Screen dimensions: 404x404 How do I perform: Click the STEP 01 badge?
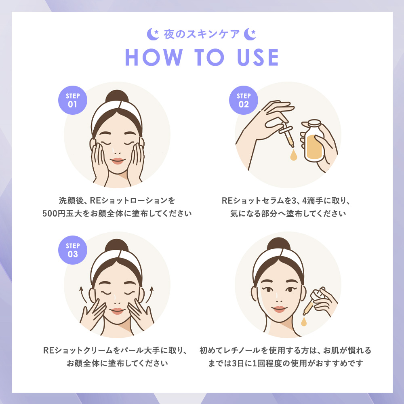tap(73, 100)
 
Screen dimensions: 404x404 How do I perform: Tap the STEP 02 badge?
tap(244, 100)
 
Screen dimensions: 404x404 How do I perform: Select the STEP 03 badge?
tap(73, 250)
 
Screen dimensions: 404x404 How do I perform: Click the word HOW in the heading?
tap(154, 57)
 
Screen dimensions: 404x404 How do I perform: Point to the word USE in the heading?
tap(258, 57)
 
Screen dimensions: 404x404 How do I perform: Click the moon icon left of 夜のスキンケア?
tap(153, 34)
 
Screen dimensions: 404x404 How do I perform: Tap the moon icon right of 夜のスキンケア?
tap(250, 34)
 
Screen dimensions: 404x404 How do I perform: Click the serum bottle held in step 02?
tap(313, 141)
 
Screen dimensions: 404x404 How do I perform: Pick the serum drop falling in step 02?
tap(293, 155)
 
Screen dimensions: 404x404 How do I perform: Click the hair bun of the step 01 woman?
tap(117, 97)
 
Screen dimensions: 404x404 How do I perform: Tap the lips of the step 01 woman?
tap(117, 161)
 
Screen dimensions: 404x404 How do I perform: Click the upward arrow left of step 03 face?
tap(83, 295)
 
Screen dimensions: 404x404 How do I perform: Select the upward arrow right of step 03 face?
tap(150, 295)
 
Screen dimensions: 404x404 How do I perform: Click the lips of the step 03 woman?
tap(117, 311)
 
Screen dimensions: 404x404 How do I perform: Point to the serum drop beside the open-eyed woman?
tap(304, 322)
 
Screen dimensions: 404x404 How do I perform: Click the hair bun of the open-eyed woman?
tap(279, 244)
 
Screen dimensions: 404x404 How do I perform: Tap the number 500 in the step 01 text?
tap(49, 213)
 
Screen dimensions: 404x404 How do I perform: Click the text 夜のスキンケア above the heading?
tap(202, 34)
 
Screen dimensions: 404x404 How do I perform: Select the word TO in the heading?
tap(209, 57)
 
